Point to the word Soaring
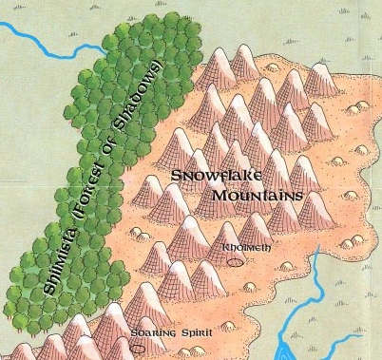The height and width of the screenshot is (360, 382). click(149, 333)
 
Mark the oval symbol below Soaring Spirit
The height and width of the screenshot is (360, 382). click(140, 347)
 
